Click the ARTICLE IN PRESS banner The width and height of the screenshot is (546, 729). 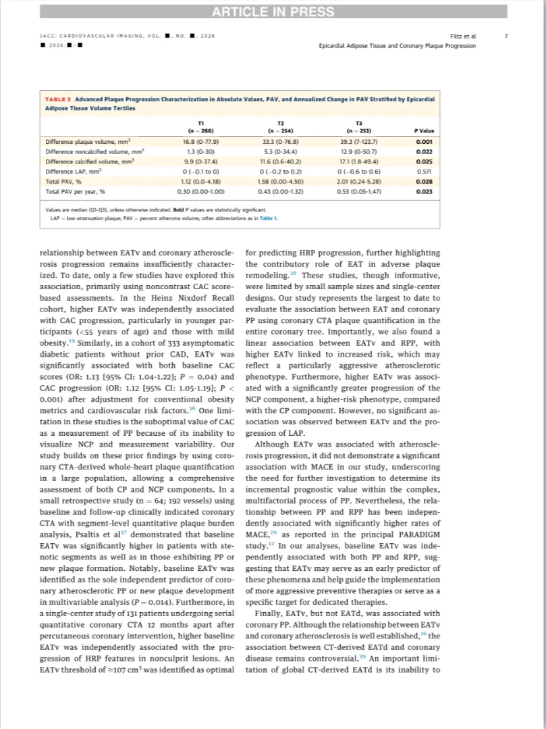coord(273,11)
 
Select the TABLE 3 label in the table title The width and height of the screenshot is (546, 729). coord(60,99)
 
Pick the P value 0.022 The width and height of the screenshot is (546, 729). coord(424,152)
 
